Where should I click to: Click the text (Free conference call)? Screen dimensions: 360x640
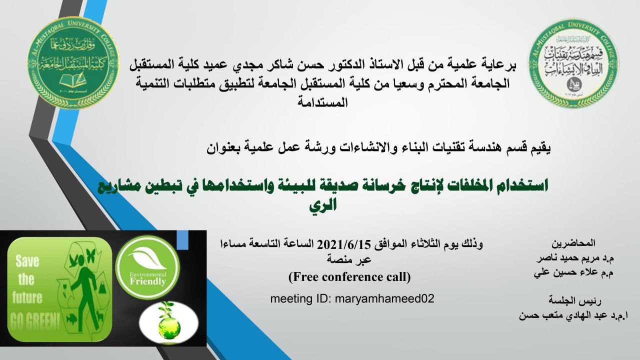[x=349, y=275]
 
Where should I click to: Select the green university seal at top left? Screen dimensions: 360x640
[x=73, y=62]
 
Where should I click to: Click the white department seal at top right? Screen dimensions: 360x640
[x=573, y=62]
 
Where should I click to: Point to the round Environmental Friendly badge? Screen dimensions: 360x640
[x=147, y=267]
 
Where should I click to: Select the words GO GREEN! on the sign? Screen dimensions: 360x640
[x=34, y=320]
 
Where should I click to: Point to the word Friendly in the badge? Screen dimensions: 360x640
[x=147, y=281]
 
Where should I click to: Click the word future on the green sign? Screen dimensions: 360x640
[x=27, y=297]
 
